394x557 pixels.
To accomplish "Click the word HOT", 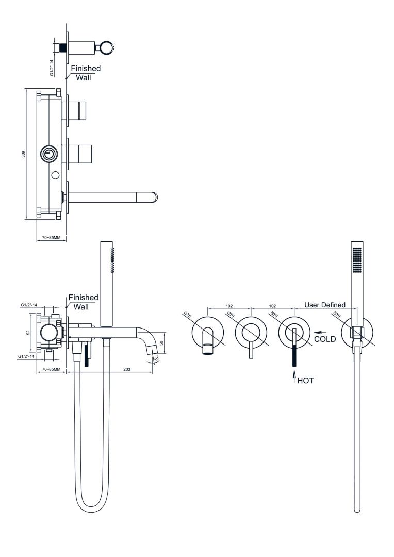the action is tap(305, 381).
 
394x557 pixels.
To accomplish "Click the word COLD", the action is tap(325, 339).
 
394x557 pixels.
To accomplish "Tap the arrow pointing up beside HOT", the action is tap(294, 377).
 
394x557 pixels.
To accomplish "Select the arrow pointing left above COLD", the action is tap(321, 333).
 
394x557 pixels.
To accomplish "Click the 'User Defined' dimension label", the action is tap(325, 305).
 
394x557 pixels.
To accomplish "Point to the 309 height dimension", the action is tap(23, 154).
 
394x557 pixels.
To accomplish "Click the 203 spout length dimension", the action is tap(126, 369).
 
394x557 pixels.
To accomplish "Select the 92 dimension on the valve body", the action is tap(28, 332).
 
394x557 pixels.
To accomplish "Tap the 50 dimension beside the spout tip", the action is tap(161, 343).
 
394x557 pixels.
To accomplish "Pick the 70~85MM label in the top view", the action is tap(52, 237).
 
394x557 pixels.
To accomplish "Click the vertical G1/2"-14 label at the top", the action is tap(52, 68).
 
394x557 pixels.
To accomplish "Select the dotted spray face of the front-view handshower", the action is tap(357, 260).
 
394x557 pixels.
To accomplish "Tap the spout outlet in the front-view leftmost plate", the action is tap(207, 352).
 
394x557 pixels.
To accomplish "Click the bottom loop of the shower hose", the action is tap(92, 506).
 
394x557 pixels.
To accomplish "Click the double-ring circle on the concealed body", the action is tap(48, 154).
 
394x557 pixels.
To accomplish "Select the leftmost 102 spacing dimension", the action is tap(229, 306).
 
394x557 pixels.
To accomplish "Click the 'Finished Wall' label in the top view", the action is tap(86, 73).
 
